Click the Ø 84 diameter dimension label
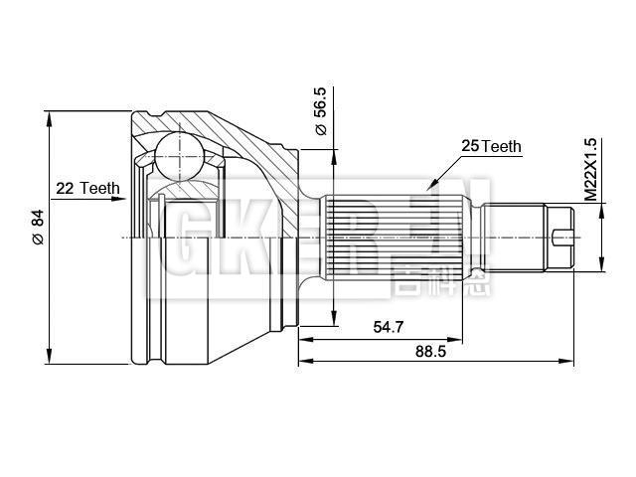pos(38,227)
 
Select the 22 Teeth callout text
pos(87,188)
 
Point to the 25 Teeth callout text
pos(491,146)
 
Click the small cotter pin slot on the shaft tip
pos(562,237)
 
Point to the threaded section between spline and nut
pos(513,237)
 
